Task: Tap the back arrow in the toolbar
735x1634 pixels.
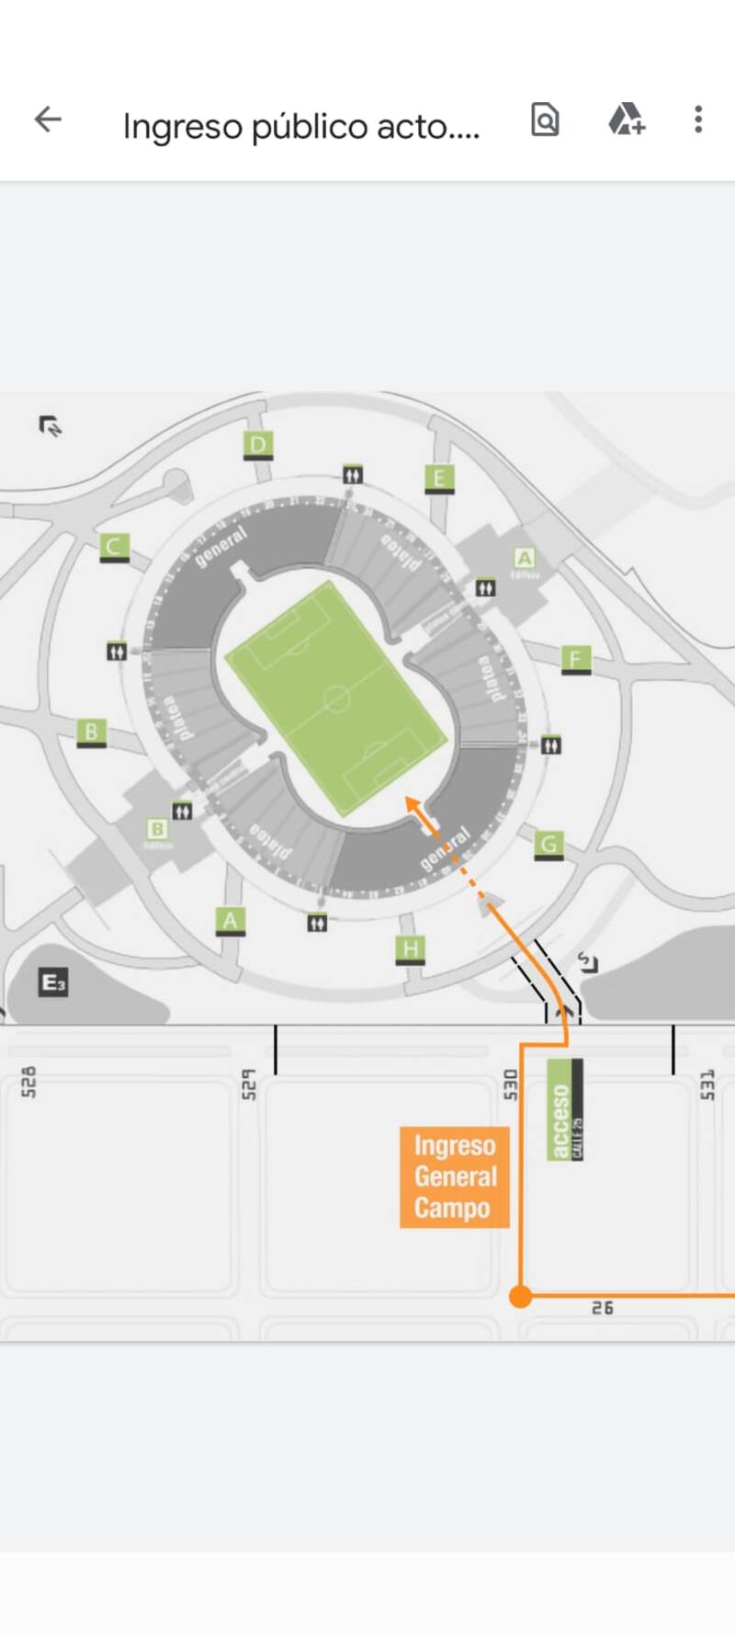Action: [48, 119]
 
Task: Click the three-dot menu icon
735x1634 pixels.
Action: [698, 119]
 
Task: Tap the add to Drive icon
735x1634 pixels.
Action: [627, 119]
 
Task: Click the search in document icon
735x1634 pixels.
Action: [545, 119]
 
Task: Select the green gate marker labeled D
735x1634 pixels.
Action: [258, 446]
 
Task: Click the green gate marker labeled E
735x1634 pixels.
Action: [439, 478]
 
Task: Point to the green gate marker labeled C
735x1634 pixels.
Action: [114, 547]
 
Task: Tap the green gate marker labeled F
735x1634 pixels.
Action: [575, 659]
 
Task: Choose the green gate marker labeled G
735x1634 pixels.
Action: [548, 844]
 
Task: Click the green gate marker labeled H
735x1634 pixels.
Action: [410, 948]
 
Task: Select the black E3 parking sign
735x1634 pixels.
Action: [53, 982]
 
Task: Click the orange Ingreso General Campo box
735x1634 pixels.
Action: [454, 1176]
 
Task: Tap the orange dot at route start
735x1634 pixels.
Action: [521, 1296]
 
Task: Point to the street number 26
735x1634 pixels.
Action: [603, 1308]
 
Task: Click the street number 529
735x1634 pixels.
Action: [247, 1084]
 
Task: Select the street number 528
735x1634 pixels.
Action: [28, 1082]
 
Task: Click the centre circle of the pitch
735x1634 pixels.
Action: [337, 699]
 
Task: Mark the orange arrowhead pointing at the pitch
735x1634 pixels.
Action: [413, 804]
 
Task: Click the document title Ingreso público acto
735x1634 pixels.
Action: [301, 126]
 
